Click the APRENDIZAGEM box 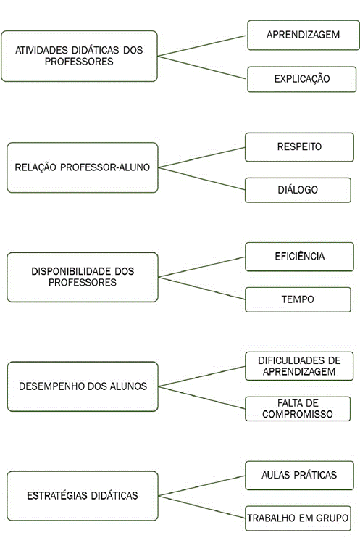[x=303, y=35]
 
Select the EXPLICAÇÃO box [x=302, y=79]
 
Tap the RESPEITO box [x=299, y=147]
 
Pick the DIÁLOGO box [x=298, y=190]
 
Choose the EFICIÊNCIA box [x=299, y=257]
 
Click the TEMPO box [x=298, y=299]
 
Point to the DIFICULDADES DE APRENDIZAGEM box [x=299, y=366]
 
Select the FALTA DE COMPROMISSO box [x=298, y=409]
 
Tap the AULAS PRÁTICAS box [x=299, y=476]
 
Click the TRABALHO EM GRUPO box [x=298, y=518]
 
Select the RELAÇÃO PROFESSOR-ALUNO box [x=83, y=167]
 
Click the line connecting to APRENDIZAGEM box [x=201, y=46]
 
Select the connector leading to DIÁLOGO [x=201, y=179]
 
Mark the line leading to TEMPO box [x=201, y=289]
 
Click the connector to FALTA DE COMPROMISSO [x=201, y=398]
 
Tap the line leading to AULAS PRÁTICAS [x=201, y=486]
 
